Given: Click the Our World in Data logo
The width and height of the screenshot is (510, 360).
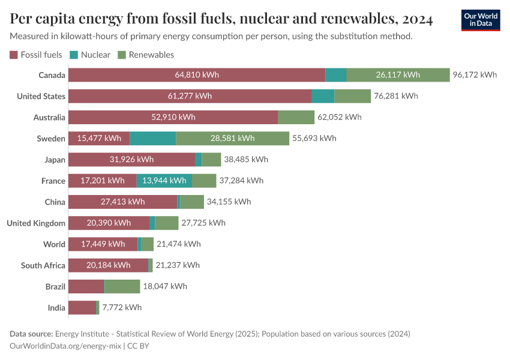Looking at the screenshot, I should point(480,19).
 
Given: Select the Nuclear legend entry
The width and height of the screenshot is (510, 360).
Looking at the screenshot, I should point(90,55).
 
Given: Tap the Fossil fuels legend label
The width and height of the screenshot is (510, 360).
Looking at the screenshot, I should point(41,55).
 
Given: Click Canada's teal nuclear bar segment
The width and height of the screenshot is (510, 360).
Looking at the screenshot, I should point(336,75).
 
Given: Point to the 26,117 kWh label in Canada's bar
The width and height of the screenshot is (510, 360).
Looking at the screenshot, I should point(398,75).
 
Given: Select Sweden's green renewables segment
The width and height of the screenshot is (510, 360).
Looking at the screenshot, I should point(232,139).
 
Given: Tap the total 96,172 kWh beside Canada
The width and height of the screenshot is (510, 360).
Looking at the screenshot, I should point(475,75).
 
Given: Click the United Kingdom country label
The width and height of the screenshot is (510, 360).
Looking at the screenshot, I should point(36,223).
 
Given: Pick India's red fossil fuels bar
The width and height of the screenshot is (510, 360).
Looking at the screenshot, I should point(82,308).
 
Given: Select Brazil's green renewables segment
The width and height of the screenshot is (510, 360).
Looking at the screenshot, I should point(122,287).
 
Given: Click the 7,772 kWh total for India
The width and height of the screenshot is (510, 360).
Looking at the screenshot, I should point(122,308).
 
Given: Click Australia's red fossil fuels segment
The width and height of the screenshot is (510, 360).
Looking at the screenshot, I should point(173,117).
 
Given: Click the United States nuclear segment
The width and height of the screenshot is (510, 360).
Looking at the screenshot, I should point(323,96).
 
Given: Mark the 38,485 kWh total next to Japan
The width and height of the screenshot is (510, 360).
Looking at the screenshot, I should point(246,160).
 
